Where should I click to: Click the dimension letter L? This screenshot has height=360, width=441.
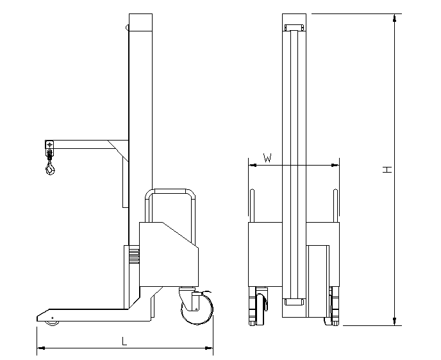[x=124, y=341]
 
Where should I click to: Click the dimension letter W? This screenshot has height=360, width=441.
[x=267, y=158]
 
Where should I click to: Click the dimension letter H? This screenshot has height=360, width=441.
[x=387, y=169]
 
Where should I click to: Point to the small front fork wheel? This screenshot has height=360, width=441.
[x=53, y=322]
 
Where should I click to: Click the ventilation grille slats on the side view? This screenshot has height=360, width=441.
[x=134, y=255]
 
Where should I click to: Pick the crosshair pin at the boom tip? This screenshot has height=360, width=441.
[x=49, y=144]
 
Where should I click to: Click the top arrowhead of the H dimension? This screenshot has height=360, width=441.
[x=395, y=18]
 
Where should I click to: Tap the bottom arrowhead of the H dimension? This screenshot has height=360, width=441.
[x=395, y=321]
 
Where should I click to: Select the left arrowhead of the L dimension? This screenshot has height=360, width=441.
[x=41, y=348]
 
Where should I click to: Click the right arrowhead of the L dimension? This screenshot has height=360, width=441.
[x=209, y=348]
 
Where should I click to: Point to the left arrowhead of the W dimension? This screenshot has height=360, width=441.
[x=253, y=165]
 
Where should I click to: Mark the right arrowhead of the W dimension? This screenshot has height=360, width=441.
[x=335, y=165]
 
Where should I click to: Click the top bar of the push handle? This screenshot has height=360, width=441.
[x=170, y=191]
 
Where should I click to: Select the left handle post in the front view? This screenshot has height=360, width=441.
[x=253, y=205]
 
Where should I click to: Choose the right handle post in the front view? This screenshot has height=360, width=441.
[x=335, y=205]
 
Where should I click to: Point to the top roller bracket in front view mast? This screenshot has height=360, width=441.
[x=294, y=28]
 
